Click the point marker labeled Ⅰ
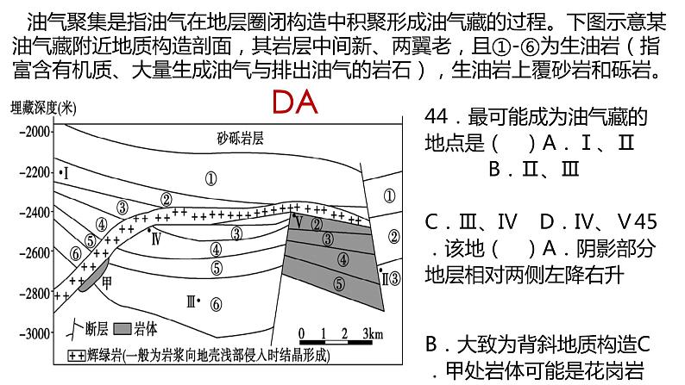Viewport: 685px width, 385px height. [64, 173]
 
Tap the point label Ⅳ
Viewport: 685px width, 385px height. [155, 239]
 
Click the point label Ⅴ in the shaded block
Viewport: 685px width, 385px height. [298, 222]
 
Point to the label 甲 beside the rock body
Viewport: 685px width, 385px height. [107, 282]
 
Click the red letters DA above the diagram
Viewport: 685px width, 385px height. [295, 104]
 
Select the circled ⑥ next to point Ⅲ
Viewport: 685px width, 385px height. [216, 304]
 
